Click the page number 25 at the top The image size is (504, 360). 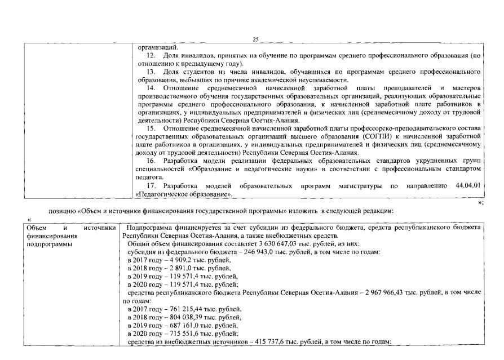(x=255, y=39)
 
